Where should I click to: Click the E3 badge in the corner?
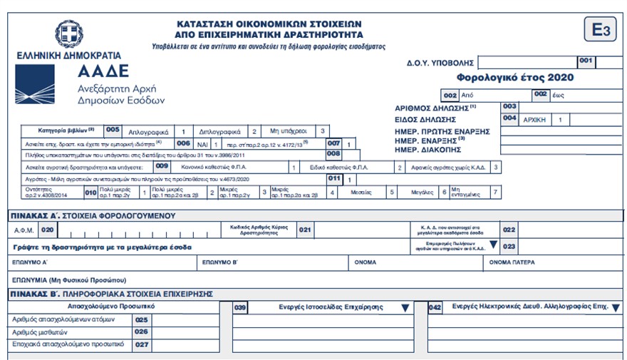598,31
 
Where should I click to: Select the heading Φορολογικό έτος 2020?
515,78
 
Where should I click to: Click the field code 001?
586,62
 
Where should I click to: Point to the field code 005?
113,130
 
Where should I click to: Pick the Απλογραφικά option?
148,132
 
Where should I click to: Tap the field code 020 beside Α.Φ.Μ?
47,230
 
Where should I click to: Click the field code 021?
305,230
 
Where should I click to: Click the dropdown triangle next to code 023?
492,244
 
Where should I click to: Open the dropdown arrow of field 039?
405,307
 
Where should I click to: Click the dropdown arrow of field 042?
616,307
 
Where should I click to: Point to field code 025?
141,319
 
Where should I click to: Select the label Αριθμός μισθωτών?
38,331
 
